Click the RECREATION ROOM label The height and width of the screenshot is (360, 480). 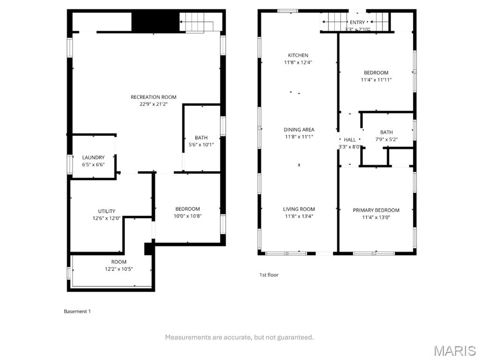pyautogui.click(x=153, y=97)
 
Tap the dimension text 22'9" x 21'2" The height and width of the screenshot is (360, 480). pyautogui.click(x=153, y=104)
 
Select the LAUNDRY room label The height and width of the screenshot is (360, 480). pyautogui.click(x=93, y=157)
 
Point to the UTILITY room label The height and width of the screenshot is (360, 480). pyautogui.click(x=106, y=211)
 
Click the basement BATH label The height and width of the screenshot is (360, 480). pyautogui.click(x=201, y=137)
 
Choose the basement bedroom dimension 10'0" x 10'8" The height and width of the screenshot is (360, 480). pyautogui.click(x=187, y=216)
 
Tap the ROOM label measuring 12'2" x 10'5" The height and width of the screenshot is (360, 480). pyautogui.click(x=119, y=262)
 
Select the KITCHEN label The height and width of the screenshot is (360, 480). pyautogui.click(x=298, y=55)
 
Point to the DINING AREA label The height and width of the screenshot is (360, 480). pyautogui.click(x=299, y=129)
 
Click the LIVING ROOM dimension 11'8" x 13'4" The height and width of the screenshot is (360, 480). pyautogui.click(x=299, y=217)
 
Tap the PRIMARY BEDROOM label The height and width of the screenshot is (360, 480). pyautogui.click(x=376, y=210)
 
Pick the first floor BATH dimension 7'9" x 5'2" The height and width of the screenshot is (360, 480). pyautogui.click(x=387, y=140)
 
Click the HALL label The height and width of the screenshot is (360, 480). pyautogui.click(x=350, y=140)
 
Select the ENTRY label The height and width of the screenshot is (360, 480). pyautogui.click(x=357, y=22)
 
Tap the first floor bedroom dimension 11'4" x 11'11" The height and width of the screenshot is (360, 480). pyautogui.click(x=376, y=80)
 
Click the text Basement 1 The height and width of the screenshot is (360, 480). pyautogui.click(x=77, y=311)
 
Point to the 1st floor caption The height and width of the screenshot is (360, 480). pyautogui.click(x=269, y=275)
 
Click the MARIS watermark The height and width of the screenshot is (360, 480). pyautogui.click(x=454, y=350)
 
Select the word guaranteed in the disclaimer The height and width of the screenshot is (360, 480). pyautogui.click(x=295, y=337)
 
